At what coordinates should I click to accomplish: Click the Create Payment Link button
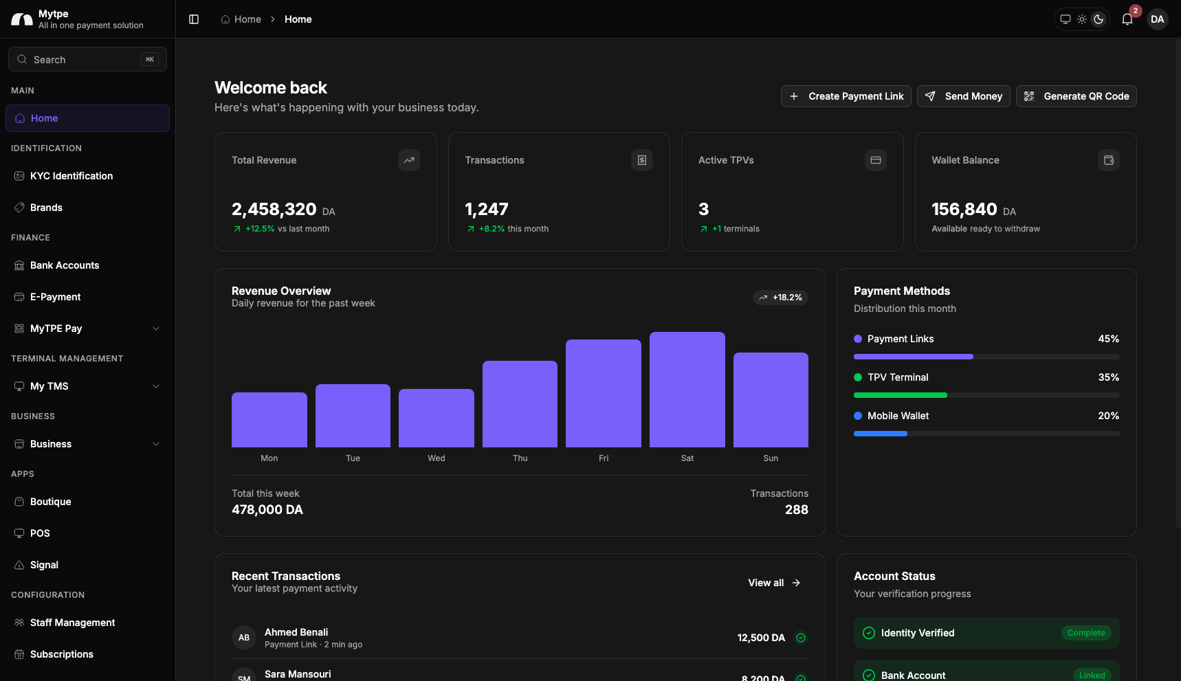pos(846,96)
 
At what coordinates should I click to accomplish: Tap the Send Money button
pos(964,96)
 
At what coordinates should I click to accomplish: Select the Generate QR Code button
pos(1077,96)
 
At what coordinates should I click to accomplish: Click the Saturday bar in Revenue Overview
pos(687,390)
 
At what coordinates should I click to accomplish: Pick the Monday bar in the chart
pos(269,420)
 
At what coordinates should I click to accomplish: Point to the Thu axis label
pos(520,458)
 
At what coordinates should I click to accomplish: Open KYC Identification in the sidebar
pos(71,176)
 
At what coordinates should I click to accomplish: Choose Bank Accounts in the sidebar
pos(65,265)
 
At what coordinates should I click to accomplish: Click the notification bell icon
pos(1127,19)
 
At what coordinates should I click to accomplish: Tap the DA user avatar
pos(1158,19)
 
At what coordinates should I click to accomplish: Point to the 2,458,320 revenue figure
pos(274,209)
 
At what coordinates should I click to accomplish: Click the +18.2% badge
pos(780,298)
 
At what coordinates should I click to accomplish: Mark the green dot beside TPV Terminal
pos(858,377)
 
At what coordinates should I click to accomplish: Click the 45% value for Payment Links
pos(1108,339)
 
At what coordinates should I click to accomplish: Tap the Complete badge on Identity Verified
pos(1086,633)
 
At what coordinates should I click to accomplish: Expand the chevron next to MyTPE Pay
pos(156,328)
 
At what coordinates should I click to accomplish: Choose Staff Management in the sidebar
pos(72,623)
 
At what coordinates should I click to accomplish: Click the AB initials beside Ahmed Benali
pos(244,638)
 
